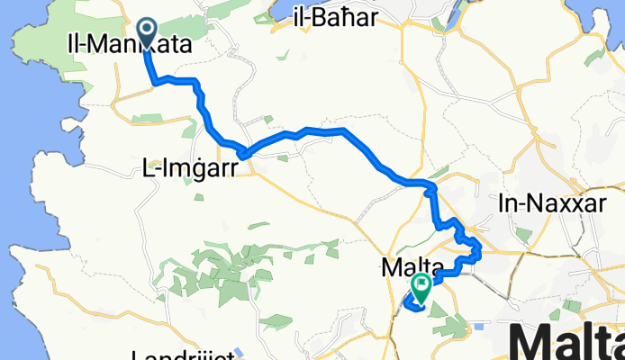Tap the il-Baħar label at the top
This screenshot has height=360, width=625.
[333, 17]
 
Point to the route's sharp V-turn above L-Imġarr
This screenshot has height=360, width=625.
[241, 150]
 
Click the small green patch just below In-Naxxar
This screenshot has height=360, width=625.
[523, 236]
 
